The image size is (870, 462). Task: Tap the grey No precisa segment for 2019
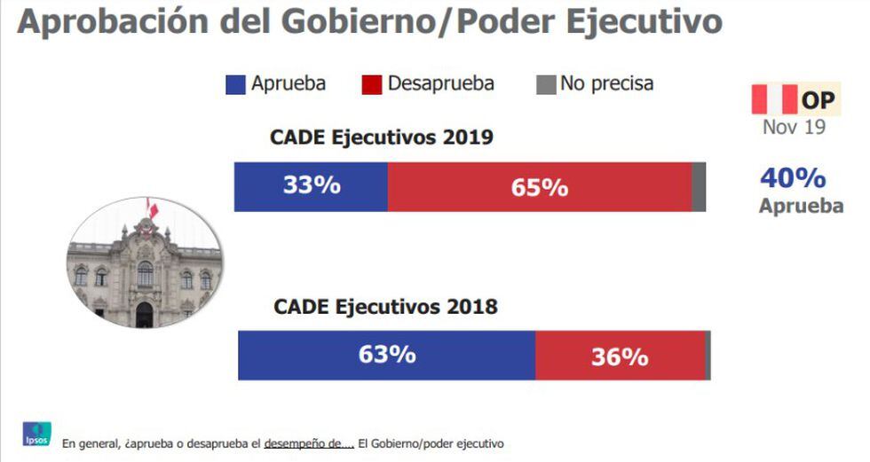click(699, 186)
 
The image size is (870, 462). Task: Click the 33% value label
click(312, 186)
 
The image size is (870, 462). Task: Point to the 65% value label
click(539, 188)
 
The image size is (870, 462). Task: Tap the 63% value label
click(387, 355)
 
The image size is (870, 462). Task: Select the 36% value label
click(620, 356)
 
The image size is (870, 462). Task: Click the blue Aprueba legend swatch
click(235, 85)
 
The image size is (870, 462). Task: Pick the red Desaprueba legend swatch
click(372, 85)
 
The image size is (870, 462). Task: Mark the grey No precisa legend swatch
click(545, 85)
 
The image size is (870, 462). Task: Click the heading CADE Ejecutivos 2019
click(381, 137)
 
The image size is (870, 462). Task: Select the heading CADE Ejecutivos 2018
click(385, 308)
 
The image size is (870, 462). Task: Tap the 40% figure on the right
click(793, 178)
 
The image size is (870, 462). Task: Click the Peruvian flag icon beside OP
click(774, 99)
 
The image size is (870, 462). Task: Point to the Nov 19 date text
click(794, 128)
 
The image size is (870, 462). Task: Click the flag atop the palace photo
click(153, 208)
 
